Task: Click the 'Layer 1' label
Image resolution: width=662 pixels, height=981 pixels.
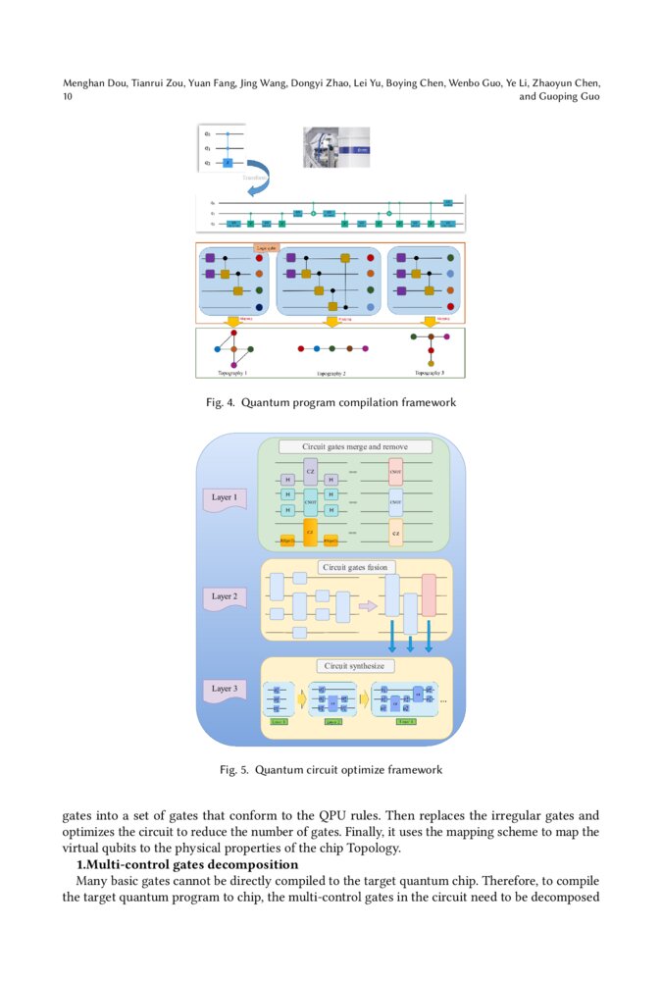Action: pos(224,497)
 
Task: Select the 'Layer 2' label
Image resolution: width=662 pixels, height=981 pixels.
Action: pos(224,596)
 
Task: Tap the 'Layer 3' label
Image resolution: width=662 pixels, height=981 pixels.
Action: pos(224,689)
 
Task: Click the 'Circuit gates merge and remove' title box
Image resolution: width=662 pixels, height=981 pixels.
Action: pos(354,446)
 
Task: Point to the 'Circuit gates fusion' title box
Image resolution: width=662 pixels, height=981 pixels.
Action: pos(354,567)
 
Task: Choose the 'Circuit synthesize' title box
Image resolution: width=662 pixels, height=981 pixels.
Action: pos(354,666)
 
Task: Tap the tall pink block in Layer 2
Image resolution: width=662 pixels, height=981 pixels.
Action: pos(429,595)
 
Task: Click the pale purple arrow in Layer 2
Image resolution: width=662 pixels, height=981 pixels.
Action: pos(368,606)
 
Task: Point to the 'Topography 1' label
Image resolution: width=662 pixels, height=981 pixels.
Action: pos(232,373)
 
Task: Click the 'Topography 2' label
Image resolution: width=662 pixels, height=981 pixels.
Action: pos(331,374)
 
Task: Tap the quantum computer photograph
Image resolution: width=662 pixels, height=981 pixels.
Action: pos(336,147)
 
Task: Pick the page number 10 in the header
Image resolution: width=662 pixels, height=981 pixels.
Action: pos(68,97)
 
